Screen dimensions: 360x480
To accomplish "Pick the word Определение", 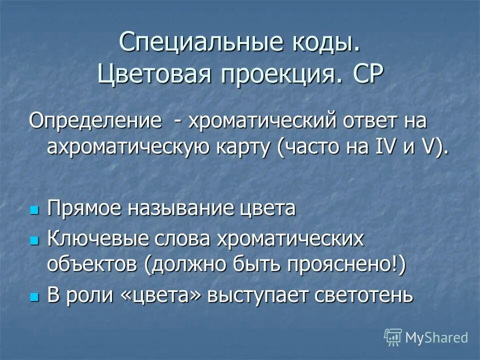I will click(95, 121).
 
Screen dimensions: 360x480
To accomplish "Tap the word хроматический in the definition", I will click(263, 121).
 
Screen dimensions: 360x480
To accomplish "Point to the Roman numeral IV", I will click(375, 148).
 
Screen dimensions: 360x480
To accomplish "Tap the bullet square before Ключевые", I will click(34, 240).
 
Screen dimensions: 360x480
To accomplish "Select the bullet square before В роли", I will click(34, 295).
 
